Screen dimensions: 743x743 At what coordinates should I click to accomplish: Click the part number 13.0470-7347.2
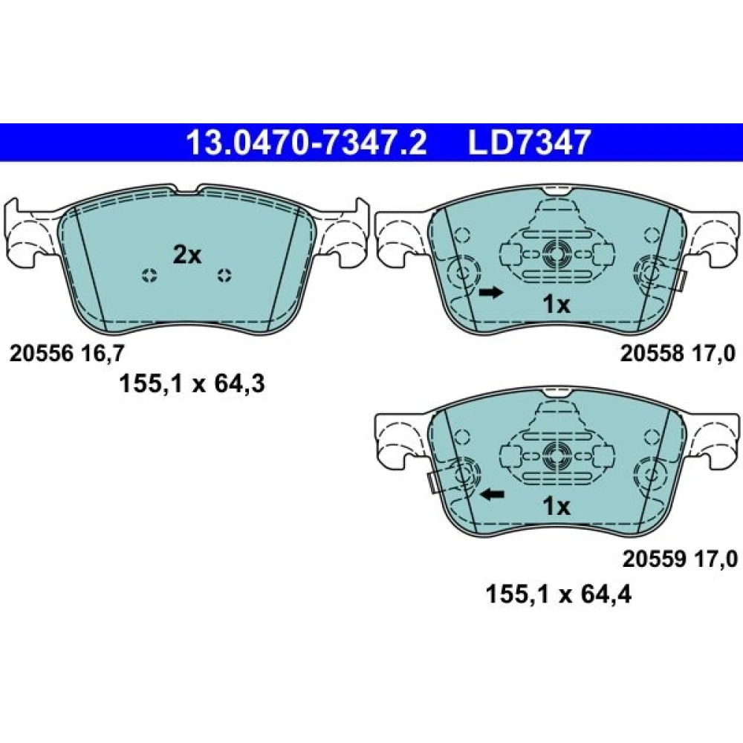307,143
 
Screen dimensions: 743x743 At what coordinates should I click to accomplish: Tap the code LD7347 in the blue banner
529,143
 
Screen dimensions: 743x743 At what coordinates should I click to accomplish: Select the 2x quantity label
186,256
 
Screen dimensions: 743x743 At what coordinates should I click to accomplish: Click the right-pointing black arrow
490,292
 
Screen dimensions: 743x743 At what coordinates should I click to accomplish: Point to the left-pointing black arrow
493,495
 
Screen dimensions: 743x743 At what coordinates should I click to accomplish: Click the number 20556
41,354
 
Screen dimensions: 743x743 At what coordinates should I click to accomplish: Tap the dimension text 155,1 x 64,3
192,383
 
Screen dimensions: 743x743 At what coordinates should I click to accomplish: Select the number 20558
652,354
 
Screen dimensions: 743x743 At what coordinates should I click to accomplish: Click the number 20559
654,559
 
